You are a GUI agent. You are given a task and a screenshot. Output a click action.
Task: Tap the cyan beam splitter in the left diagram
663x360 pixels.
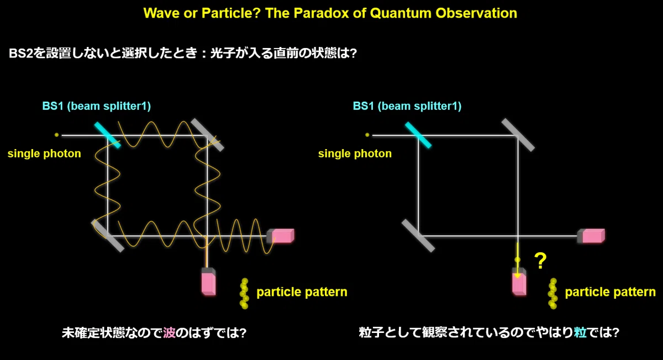pyautogui.click(x=107, y=135)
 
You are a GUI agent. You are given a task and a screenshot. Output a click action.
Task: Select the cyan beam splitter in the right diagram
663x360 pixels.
pyautogui.click(x=418, y=135)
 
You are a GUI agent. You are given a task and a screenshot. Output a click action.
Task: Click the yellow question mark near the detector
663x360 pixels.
pyautogui.click(x=540, y=261)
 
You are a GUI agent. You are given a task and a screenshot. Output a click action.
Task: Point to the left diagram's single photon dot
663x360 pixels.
pyautogui.click(x=56, y=135)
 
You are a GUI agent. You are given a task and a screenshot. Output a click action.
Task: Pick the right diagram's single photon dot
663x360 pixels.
pyautogui.click(x=367, y=135)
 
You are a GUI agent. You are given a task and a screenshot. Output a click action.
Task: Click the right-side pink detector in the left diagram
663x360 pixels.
pyautogui.click(x=281, y=236)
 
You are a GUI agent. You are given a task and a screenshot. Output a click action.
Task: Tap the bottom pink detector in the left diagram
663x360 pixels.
pyautogui.click(x=208, y=282)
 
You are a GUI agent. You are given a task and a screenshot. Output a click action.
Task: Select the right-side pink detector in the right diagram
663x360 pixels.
pyautogui.click(x=591, y=236)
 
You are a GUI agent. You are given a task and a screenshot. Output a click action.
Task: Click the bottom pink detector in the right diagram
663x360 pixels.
pyautogui.click(x=519, y=282)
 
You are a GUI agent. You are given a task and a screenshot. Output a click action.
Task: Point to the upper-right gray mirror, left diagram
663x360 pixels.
pyautogui.click(x=207, y=135)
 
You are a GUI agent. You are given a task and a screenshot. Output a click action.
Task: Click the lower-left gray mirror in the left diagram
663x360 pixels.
pyautogui.click(x=107, y=236)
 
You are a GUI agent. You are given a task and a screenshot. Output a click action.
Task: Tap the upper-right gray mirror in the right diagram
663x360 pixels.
pyautogui.click(x=518, y=135)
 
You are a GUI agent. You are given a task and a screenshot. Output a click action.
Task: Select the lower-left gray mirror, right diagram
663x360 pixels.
pyautogui.click(x=418, y=236)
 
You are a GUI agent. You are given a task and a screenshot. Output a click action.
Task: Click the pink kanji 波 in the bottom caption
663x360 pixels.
pyautogui.click(x=169, y=333)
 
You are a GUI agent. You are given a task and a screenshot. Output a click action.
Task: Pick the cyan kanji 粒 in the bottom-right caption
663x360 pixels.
pyautogui.click(x=580, y=332)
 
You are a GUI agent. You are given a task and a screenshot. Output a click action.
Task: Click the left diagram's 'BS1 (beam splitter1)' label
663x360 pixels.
pyautogui.click(x=97, y=106)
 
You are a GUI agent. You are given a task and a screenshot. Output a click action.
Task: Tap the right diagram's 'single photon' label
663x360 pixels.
pyautogui.click(x=355, y=154)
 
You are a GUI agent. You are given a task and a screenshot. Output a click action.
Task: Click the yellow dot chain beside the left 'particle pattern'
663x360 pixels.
pyautogui.click(x=244, y=293)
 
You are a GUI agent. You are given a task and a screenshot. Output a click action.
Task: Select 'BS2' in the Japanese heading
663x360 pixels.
pyautogui.click(x=21, y=54)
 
